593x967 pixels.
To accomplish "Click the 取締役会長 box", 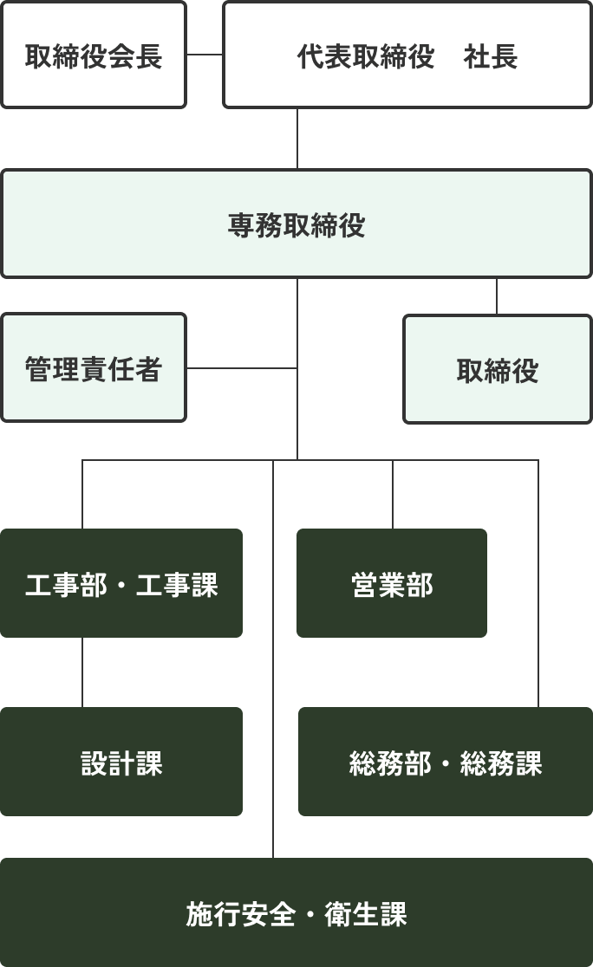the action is tap(94, 55).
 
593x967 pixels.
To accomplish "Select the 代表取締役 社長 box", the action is tap(407, 55).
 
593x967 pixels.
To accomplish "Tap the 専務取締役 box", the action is tap(296, 224).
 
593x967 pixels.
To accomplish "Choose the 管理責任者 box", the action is tap(94, 368).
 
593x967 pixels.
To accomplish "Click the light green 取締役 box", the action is tap(498, 369).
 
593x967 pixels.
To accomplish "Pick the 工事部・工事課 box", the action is tap(121, 583).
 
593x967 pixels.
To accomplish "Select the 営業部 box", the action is tap(392, 583).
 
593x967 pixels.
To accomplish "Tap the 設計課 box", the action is tap(121, 762).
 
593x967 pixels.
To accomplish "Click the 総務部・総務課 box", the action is tap(446, 762).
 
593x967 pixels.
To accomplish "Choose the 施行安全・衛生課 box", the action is tap(296, 912).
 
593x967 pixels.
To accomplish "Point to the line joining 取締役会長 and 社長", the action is tap(205, 55).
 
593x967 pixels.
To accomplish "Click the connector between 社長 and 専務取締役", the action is tap(297, 140).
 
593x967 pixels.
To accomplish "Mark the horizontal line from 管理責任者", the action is tap(242, 368).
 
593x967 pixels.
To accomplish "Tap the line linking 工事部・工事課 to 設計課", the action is tap(82, 672).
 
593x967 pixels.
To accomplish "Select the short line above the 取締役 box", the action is tap(497, 296).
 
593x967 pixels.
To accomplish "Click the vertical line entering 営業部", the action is tap(393, 495).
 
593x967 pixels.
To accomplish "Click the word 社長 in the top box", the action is tap(491, 56).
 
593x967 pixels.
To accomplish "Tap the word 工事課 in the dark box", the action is tap(177, 585).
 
